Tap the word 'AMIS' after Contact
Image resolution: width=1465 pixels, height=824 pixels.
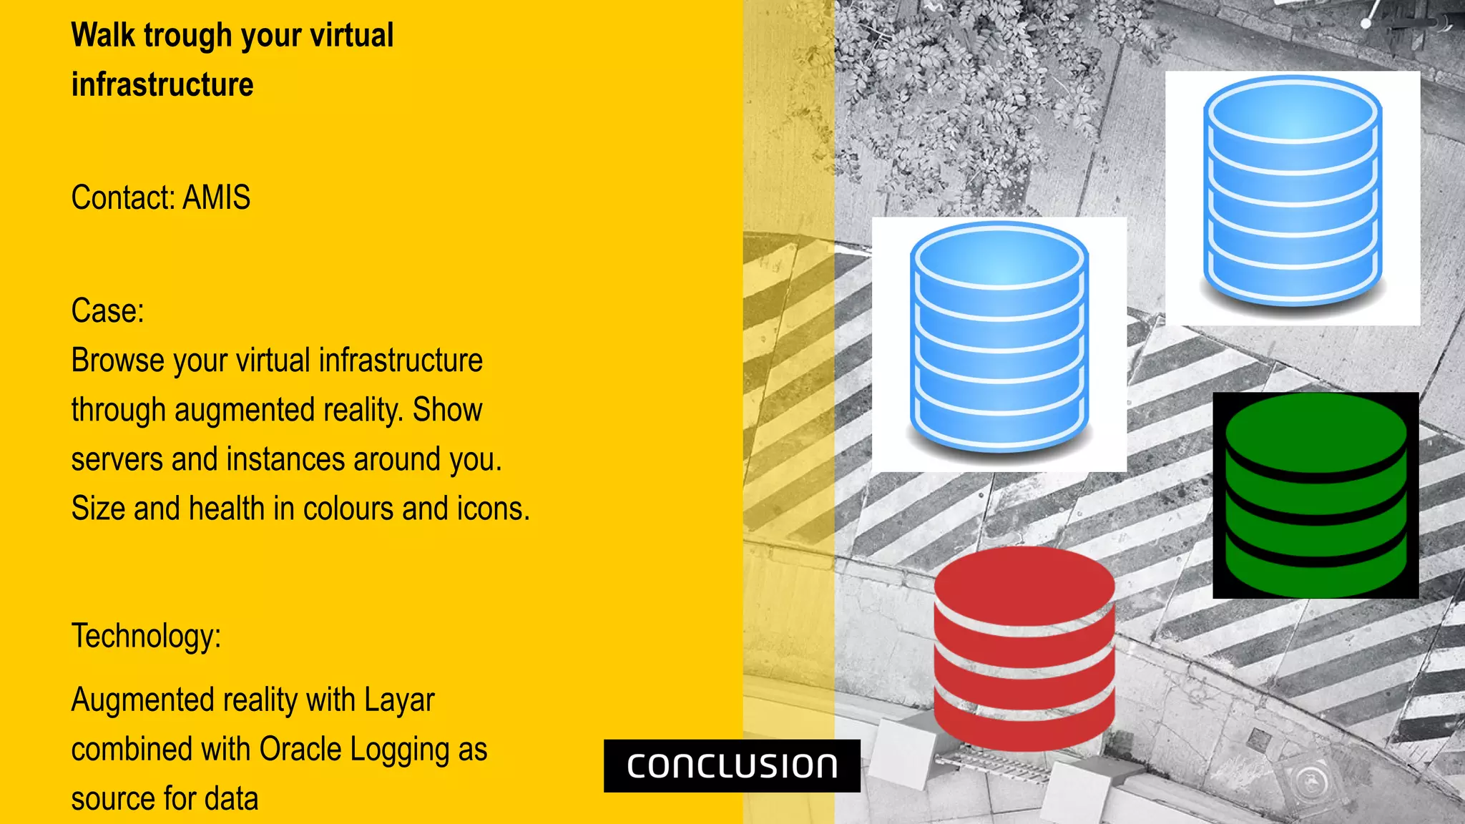(216, 197)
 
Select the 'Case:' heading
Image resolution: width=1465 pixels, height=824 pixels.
(107, 311)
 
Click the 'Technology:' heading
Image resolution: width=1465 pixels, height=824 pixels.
(146, 636)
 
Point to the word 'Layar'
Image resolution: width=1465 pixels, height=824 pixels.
(398, 700)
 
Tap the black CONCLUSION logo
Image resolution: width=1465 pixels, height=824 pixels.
(732, 766)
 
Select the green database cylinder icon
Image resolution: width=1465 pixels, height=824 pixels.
(1315, 495)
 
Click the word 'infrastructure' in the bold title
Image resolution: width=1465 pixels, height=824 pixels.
(162, 85)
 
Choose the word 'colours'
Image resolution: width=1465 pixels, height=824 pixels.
(348, 509)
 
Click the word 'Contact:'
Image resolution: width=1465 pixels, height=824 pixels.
(123, 197)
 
